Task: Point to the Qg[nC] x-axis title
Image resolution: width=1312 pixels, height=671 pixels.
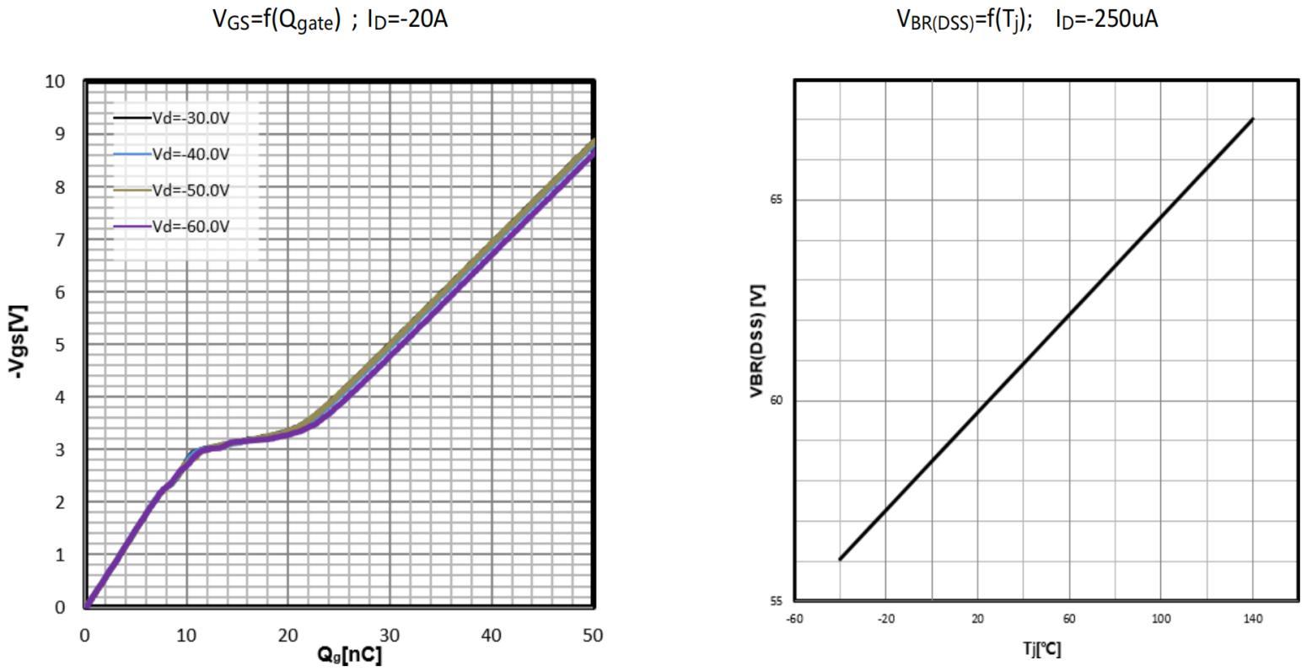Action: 349,654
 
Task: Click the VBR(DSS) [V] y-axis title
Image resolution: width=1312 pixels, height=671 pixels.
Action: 757,341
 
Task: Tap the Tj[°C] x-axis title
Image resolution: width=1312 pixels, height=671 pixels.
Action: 1042,648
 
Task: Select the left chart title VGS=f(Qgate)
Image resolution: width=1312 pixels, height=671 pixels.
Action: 330,19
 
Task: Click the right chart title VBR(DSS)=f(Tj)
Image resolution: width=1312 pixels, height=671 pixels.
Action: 1026,19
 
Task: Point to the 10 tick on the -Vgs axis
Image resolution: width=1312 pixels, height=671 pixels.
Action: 55,82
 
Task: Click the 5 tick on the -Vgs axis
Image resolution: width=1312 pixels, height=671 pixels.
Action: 60,345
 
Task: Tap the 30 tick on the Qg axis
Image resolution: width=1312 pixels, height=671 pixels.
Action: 390,636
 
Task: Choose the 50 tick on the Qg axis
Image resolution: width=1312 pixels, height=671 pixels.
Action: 593,636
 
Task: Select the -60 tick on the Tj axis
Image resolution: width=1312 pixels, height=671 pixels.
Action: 794,619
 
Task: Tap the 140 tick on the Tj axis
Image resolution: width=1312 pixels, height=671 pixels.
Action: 1253,619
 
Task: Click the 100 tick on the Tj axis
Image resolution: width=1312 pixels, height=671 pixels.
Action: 1161,619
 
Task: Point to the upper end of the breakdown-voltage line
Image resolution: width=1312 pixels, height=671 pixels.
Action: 1253,119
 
